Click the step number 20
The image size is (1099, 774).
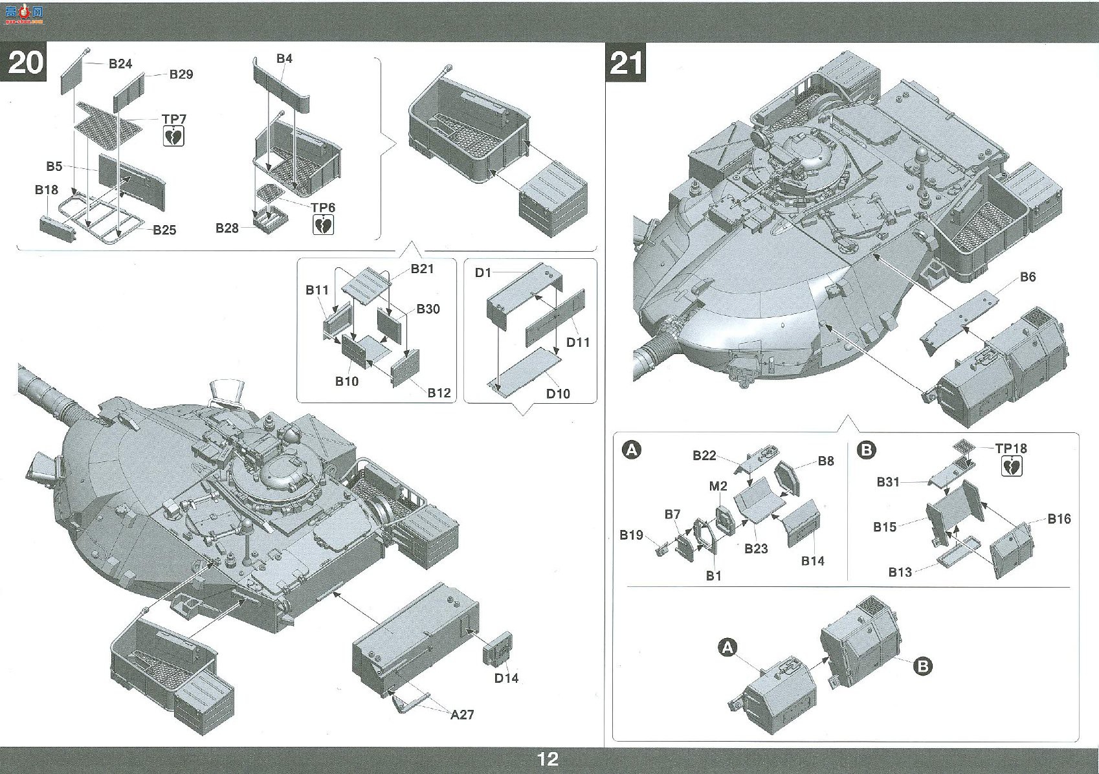point(26,63)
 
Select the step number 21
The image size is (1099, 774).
point(626,63)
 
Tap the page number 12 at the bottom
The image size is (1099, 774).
point(548,759)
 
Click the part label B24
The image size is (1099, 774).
point(120,63)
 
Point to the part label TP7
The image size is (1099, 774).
point(174,119)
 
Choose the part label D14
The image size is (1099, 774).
point(506,678)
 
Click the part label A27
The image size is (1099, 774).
point(462,714)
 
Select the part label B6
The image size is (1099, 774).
point(1028,277)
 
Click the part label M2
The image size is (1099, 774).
point(718,486)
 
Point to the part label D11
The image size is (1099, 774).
point(578,342)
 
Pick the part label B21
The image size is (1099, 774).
point(422,269)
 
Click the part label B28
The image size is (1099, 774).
point(227,228)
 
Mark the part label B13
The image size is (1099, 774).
point(900,572)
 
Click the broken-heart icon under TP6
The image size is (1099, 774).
point(324,225)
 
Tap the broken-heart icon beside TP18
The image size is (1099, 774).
point(1012,467)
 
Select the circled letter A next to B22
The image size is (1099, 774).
point(632,450)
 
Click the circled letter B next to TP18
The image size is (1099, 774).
point(867,450)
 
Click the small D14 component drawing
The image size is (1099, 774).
point(498,649)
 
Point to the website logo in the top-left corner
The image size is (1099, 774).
point(25,16)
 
